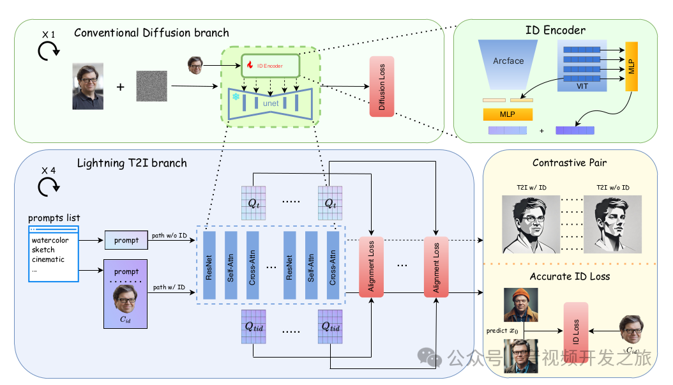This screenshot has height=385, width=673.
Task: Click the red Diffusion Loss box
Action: (x=382, y=86)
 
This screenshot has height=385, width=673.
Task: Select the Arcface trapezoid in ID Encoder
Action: (x=508, y=62)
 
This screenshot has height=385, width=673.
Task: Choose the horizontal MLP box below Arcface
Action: (x=508, y=114)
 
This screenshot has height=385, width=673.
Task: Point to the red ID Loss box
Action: (x=576, y=330)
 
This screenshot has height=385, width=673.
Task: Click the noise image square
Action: (x=151, y=86)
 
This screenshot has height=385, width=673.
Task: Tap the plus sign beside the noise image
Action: (x=120, y=86)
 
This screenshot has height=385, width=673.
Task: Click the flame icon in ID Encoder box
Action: (x=250, y=65)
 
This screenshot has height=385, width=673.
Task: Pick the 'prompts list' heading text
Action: (x=54, y=218)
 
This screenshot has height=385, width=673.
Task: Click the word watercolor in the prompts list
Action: (x=50, y=241)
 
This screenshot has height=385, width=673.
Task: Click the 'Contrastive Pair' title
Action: (x=570, y=163)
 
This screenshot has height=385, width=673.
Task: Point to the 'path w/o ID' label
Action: (x=169, y=236)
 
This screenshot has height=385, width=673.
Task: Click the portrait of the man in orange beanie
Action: (x=520, y=305)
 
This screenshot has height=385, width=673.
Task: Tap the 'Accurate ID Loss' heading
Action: (x=570, y=276)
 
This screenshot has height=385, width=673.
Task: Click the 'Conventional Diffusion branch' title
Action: (x=151, y=33)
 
